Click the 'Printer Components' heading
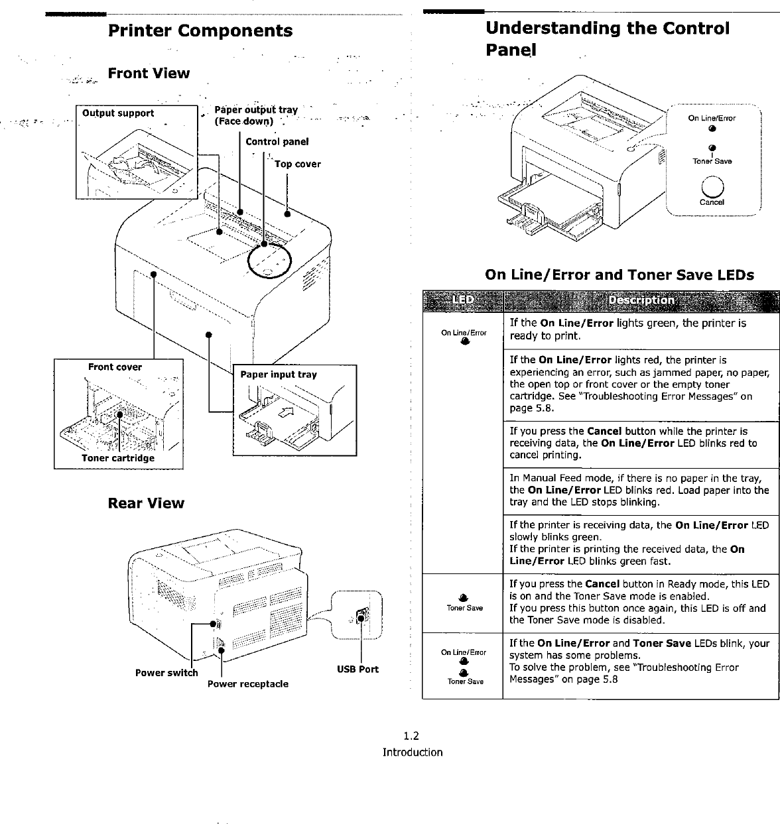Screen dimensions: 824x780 click(200, 31)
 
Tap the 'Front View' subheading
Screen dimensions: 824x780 click(149, 74)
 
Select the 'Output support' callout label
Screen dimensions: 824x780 click(118, 113)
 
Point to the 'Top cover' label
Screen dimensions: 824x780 click(298, 164)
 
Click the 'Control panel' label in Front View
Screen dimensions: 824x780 click(277, 142)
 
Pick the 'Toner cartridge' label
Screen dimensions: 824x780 click(118, 458)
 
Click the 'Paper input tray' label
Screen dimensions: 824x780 click(279, 375)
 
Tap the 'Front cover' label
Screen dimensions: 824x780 click(115, 367)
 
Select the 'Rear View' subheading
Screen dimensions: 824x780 click(146, 503)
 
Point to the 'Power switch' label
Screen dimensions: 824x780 click(166, 673)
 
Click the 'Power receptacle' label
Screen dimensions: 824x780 click(248, 684)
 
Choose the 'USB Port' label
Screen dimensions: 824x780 click(357, 670)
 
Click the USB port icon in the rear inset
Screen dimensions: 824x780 click(360, 616)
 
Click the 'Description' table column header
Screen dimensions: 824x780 click(641, 300)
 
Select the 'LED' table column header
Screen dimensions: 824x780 click(463, 300)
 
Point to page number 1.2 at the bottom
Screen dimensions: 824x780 click(412, 736)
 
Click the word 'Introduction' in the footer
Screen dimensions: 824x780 click(412, 752)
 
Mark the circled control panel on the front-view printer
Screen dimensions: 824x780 click(269, 261)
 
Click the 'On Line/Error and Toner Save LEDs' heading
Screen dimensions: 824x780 click(619, 275)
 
